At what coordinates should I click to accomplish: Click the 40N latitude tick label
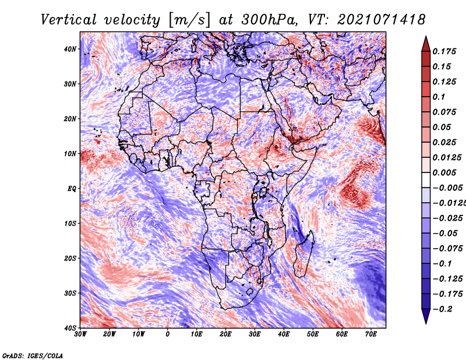69,49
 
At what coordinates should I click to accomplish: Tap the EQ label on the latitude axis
72,189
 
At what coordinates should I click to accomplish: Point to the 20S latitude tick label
69,258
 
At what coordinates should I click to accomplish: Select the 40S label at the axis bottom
69,328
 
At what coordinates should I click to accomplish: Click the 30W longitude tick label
80,334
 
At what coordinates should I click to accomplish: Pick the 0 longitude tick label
168,334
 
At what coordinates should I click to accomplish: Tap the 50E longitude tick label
313,334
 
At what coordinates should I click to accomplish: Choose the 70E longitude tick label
371,334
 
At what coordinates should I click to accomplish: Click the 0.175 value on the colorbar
444,51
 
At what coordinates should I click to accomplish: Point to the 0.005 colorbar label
444,172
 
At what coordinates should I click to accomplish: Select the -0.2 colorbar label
442,309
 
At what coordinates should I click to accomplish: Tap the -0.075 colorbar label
448,249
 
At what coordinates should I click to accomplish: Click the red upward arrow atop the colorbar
426,44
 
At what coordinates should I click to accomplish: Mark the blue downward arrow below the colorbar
426,316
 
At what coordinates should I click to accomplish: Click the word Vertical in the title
68,20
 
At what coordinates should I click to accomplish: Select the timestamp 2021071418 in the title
382,20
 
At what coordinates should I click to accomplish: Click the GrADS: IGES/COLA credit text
33,355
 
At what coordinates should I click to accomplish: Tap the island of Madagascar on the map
303,255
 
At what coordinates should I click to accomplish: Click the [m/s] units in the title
189,20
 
